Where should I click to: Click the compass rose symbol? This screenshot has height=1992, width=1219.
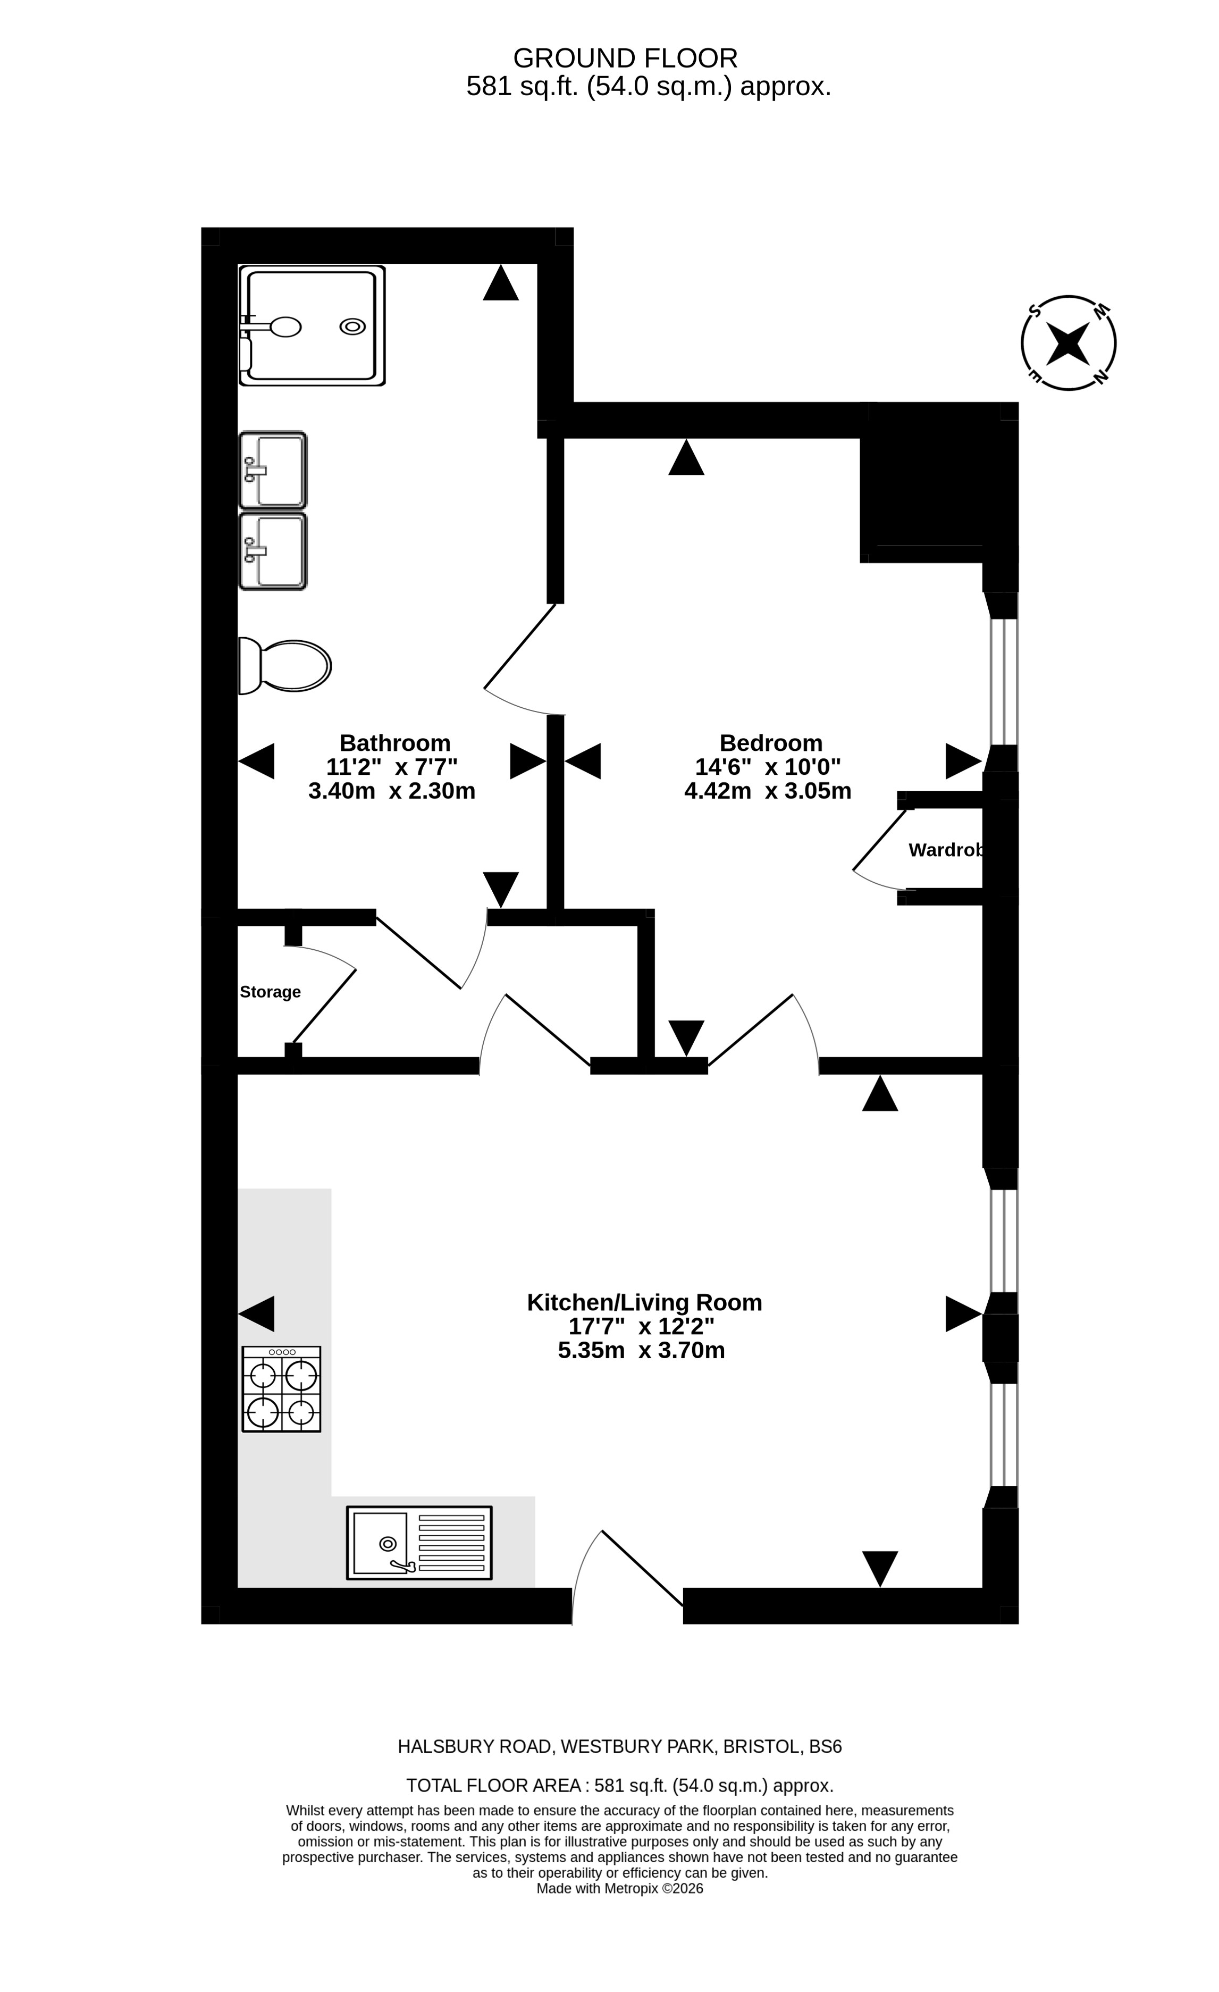coord(1068,343)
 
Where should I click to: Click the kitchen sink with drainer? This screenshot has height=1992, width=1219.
coord(419,1543)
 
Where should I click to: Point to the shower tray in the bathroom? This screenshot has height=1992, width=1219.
coord(312,325)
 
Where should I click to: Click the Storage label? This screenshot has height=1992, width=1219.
coord(270,992)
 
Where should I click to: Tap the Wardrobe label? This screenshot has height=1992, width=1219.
coord(946,850)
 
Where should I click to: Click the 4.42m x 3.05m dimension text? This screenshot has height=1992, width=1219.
coord(768,791)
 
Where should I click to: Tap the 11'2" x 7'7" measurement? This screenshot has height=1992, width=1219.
coord(391,766)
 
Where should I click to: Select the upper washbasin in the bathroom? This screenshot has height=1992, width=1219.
coord(272,470)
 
